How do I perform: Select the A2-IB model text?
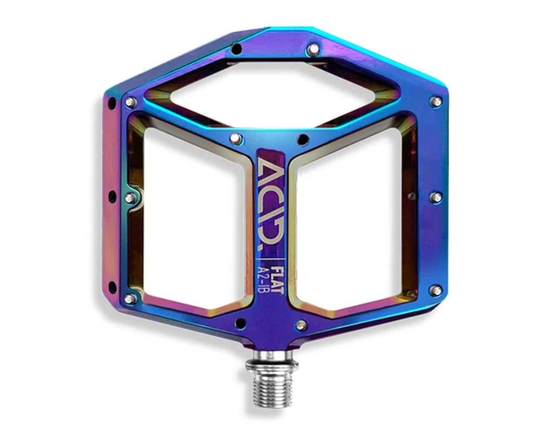(263, 278)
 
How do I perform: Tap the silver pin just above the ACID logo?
(236, 138)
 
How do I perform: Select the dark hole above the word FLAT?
(303, 139)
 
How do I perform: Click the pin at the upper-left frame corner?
(131, 102)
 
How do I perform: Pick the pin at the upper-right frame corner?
(436, 102)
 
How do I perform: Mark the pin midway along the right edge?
(436, 197)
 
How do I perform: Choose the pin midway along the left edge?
(131, 198)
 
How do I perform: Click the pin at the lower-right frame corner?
(435, 290)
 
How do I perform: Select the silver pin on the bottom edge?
(301, 325)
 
